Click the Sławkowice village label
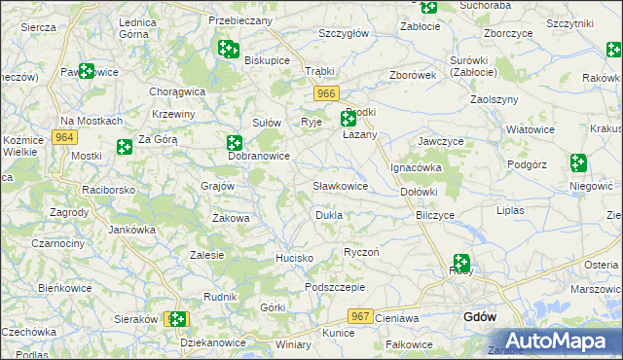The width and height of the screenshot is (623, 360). point(340,185)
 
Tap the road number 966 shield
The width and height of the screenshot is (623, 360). point(326,92)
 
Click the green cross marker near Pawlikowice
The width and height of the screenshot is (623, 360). point(86,71)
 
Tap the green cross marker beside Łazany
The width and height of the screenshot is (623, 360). point(348,120)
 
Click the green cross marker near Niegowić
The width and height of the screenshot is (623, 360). point(579,162)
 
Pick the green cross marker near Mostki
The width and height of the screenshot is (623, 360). point(124,147)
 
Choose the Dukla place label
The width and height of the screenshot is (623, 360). point(328,215)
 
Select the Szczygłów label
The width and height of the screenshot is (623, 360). point(343,32)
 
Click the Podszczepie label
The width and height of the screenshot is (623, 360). point(334,287)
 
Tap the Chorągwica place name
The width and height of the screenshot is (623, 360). point(176,91)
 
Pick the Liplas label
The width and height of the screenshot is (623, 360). point(510,210)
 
